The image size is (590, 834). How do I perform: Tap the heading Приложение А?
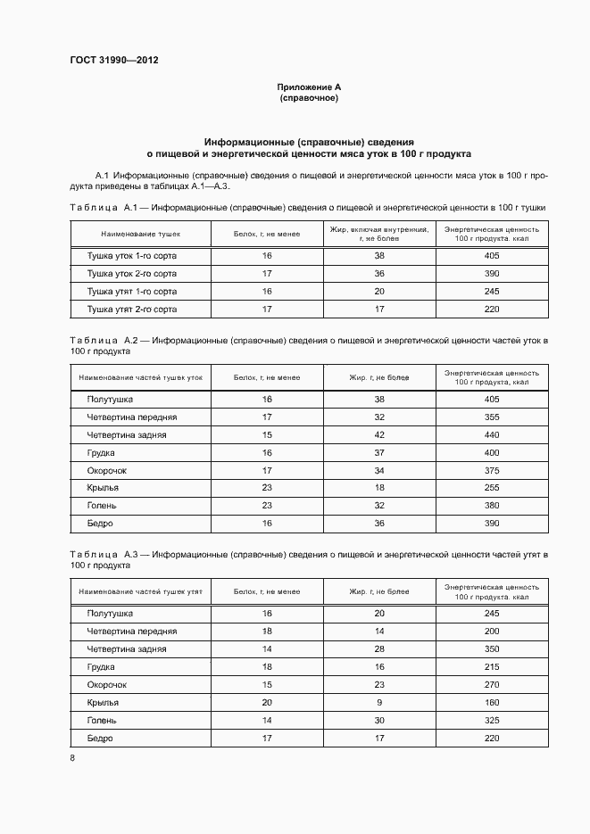coord(309,87)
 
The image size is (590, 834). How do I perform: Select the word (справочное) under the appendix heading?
coord(309,97)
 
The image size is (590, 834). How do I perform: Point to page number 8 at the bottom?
coord(71,758)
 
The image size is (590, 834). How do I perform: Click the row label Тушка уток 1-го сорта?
coord(132,256)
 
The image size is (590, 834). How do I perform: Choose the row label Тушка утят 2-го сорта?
coord(132,310)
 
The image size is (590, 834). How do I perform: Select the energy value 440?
coord(491,435)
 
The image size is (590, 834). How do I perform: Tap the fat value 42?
coord(379,435)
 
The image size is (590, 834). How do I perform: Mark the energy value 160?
coord(491,703)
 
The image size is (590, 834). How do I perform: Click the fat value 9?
coord(379,703)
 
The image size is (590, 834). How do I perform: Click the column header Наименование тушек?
coord(141,234)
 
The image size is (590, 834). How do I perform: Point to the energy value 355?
coord(491,417)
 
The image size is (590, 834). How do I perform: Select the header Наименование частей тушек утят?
coord(141,591)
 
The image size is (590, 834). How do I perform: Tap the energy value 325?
coord(491,721)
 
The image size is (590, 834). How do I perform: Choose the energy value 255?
coord(491,488)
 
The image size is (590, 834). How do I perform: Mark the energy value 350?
coord(491,649)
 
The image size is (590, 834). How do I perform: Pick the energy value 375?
coord(491,470)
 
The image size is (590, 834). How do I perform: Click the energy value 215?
coord(491,667)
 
